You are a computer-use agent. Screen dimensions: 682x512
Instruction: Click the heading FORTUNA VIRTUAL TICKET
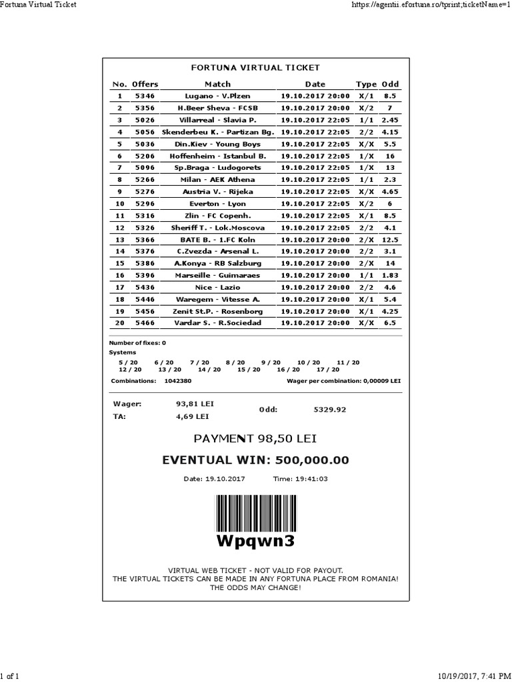(x=255, y=67)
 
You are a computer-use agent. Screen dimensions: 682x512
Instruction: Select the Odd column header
(x=390, y=84)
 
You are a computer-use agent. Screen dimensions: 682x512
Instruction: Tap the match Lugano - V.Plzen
(x=217, y=96)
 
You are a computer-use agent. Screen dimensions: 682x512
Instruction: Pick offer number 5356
(x=145, y=108)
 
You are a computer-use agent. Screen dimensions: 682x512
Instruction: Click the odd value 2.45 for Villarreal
(x=390, y=120)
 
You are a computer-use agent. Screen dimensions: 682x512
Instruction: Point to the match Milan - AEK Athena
(x=217, y=180)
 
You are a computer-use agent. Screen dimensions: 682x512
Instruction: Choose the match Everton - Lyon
(x=217, y=204)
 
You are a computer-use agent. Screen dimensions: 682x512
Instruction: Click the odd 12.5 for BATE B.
(x=390, y=240)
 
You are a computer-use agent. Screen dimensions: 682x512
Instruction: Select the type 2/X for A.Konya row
(x=366, y=263)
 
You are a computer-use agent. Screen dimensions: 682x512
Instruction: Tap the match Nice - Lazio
(x=217, y=287)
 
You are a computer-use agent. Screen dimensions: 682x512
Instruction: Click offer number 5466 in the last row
(x=145, y=323)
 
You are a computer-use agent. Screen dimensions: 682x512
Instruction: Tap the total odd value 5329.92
(x=330, y=410)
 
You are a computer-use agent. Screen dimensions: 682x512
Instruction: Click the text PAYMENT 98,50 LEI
(x=255, y=439)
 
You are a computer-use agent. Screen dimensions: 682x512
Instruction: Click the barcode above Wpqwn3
(x=255, y=512)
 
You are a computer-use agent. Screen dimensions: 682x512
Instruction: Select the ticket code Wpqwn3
(x=255, y=541)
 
